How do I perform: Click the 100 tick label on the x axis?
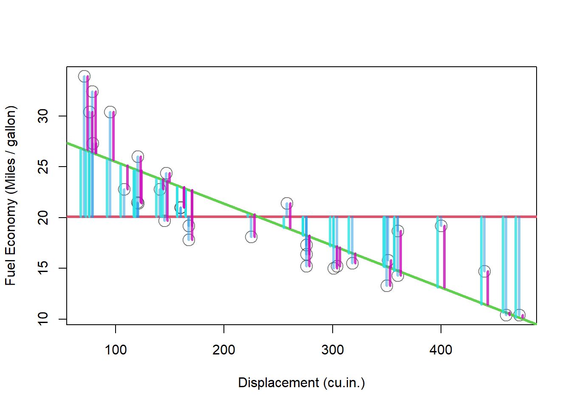pyautogui.click(x=116, y=350)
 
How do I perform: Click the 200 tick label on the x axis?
pyautogui.click(x=224, y=350)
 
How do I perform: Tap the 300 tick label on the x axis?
pyautogui.click(x=332, y=350)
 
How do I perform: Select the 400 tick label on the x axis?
pyautogui.click(x=441, y=350)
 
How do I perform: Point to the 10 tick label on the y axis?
pyautogui.click(x=43, y=319)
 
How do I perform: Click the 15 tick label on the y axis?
pyautogui.click(x=43, y=268)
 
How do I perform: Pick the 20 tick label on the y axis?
pyautogui.click(x=43, y=218)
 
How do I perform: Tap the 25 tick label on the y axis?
pyautogui.click(x=43, y=167)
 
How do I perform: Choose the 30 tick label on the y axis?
pyautogui.click(x=43, y=116)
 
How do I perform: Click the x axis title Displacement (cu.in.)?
pyautogui.click(x=301, y=382)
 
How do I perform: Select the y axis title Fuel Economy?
pyautogui.click(x=10, y=195)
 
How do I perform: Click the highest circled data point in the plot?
pyautogui.click(x=84, y=76)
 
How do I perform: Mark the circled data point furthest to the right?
pyautogui.click(x=519, y=315)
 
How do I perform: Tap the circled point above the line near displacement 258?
pyautogui.click(x=287, y=203)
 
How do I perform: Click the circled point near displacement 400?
pyautogui.click(x=441, y=226)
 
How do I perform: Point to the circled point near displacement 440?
pyautogui.click(x=484, y=272)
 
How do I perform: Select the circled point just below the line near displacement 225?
pyautogui.click(x=251, y=237)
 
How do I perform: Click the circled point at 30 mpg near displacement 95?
pyautogui.click(x=110, y=112)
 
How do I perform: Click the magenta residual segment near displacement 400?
pyautogui.click(x=444, y=257)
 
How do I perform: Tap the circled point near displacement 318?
pyautogui.click(x=352, y=263)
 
